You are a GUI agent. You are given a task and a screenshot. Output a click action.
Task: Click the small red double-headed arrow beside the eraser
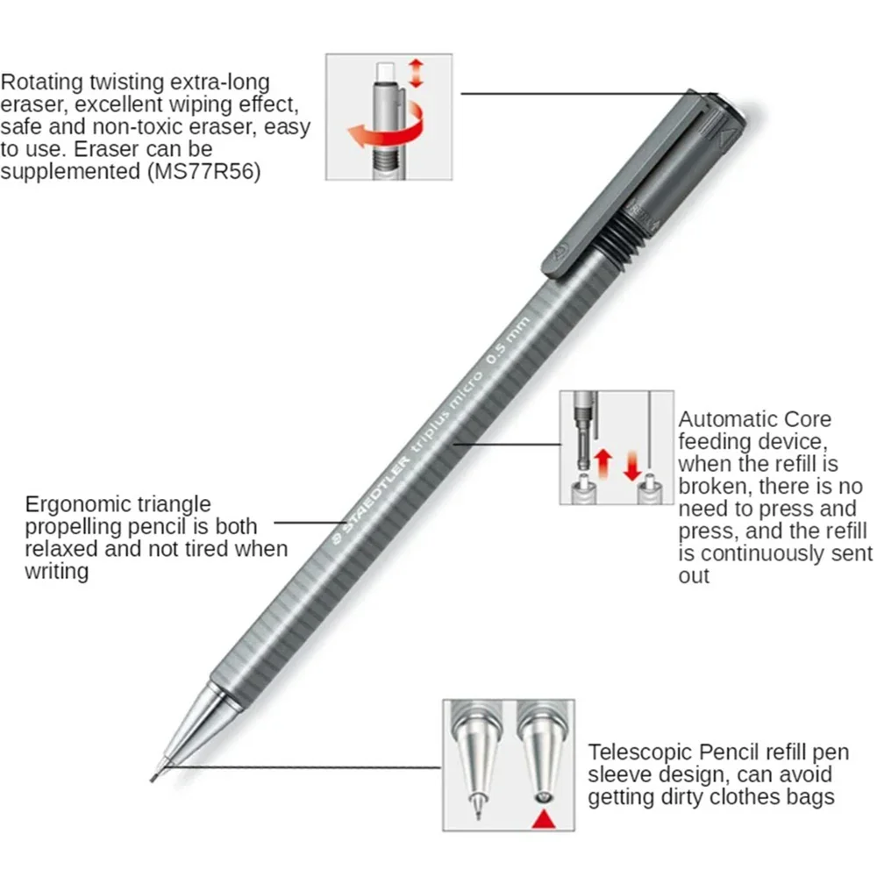coord(416,73)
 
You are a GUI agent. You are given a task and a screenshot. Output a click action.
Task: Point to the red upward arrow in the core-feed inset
coord(602,461)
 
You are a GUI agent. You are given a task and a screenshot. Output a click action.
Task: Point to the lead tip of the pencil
coord(156,774)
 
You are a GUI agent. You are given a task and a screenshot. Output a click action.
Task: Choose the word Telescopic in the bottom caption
coord(642,752)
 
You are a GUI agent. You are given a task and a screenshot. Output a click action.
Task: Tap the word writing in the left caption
coord(56,572)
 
